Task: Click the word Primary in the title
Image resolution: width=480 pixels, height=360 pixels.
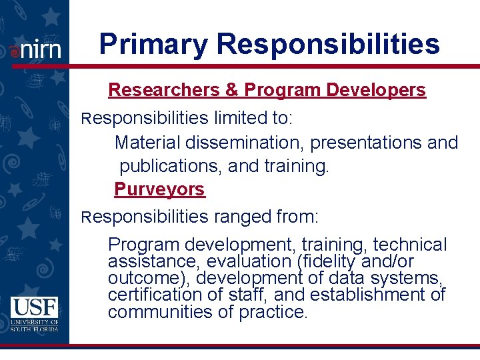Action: pyautogui.click(x=153, y=44)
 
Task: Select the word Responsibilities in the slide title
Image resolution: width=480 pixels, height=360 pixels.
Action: pyautogui.click(x=328, y=44)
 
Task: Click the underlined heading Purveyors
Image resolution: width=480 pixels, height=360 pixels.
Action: pyautogui.click(x=159, y=189)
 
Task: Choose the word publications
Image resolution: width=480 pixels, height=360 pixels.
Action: pyautogui.click(x=170, y=166)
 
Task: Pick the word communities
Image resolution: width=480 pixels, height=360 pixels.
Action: pyautogui.click(x=154, y=311)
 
